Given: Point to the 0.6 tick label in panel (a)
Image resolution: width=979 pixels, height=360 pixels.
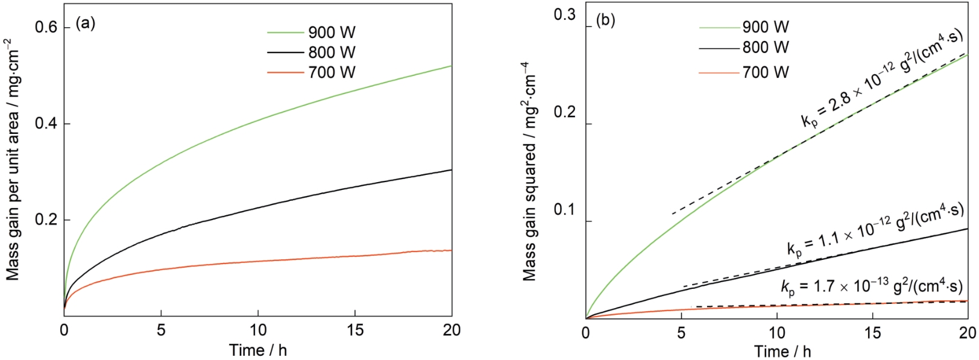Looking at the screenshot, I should [47, 27].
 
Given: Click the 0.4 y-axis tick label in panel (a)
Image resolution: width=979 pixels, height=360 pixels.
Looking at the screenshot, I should [47, 124].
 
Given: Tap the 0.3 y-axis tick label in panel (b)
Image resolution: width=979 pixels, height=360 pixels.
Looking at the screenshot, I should [564, 15].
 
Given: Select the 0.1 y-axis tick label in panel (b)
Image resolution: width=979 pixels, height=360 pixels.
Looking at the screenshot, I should [564, 211].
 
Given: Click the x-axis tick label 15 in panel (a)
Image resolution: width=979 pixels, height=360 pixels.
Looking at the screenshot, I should [354, 330].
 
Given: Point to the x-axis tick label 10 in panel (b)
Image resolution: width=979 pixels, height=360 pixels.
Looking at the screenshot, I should [777, 332].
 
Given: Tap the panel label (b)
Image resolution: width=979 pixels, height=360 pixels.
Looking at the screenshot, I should [605, 21].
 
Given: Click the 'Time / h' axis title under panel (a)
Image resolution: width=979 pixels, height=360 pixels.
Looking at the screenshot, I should [258, 350].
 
